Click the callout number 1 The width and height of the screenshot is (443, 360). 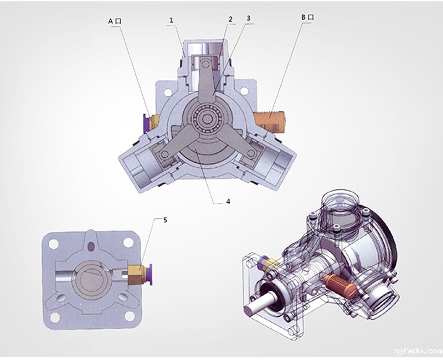click(171, 20)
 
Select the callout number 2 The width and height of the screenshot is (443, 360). click(230, 19)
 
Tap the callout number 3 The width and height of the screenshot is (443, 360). click(248, 18)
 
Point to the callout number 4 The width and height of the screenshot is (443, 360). click(228, 201)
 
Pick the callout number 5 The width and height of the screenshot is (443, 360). click(165, 220)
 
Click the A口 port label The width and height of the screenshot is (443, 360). click(115, 21)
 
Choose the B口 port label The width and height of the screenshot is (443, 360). click(307, 17)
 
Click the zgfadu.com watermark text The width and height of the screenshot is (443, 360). click(418, 351)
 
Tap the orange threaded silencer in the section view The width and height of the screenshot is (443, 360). click(270, 122)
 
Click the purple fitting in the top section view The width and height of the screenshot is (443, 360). click(147, 124)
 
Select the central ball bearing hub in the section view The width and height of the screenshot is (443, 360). click(207, 119)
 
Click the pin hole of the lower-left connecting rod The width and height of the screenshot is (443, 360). click(163, 154)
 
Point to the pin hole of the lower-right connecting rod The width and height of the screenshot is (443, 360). click(251, 153)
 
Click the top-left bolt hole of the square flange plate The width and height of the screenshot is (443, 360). click(53, 244)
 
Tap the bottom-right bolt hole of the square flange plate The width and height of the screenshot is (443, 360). click(130, 316)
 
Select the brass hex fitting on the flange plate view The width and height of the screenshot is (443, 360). click(137, 274)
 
